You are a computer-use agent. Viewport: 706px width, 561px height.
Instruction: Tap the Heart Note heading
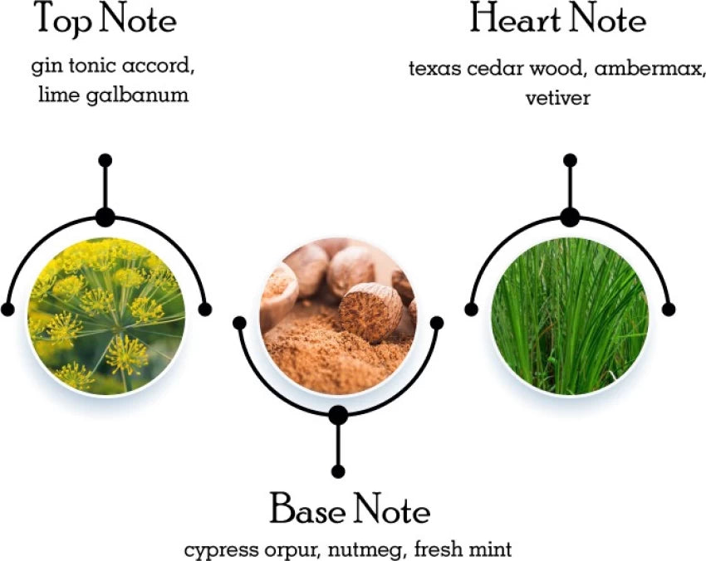pyautogui.click(x=557, y=20)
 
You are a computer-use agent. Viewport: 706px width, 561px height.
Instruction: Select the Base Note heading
pyautogui.click(x=349, y=509)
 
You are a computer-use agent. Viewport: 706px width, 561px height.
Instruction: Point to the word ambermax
pyautogui.click(x=657, y=69)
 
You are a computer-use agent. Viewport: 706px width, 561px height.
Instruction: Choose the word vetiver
pyautogui.click(x=557, y=98)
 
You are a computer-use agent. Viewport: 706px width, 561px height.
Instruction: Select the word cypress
pyautogui.click(x=216, y=549)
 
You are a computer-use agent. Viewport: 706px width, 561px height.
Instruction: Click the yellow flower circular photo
pyautogui.click(x=105, y=314)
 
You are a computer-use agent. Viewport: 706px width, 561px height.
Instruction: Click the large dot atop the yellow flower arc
pyautogui.click(x=105, y=217)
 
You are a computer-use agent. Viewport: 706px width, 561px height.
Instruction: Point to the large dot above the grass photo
pyautogui.click(x=569, y=217)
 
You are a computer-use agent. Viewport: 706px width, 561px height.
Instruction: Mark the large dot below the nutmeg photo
pyautogui.click(x=337, y=415)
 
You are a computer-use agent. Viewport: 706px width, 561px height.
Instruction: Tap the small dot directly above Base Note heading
pyautogui.click(x=337, y=471)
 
